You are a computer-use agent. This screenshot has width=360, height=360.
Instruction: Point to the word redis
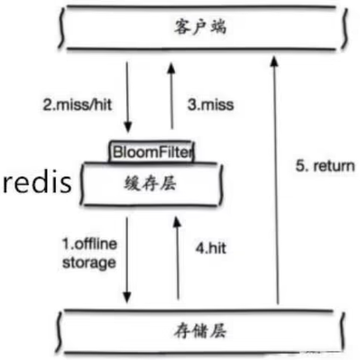[36, 184]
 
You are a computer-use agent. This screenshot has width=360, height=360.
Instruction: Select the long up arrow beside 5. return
[275, 180]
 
